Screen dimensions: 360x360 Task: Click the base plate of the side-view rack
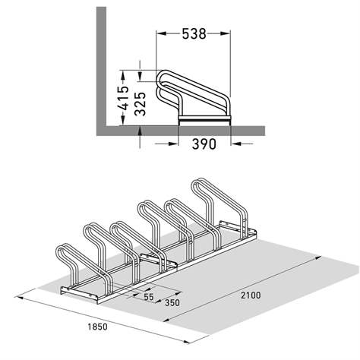click(204, 121)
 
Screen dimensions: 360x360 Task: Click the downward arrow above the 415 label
click(141, 66)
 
